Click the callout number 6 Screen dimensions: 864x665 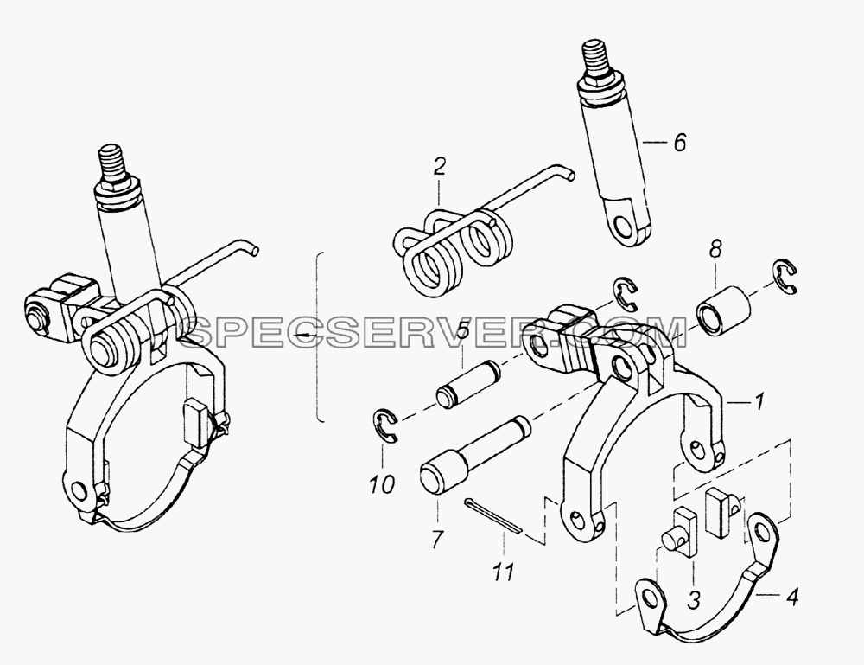coord(680,143)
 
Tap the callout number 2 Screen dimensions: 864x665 coord(439,167)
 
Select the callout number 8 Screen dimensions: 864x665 coord(715,250)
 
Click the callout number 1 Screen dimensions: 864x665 coord(759,402)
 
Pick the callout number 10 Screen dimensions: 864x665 coord(383,484)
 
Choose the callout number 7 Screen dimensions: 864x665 coord(437,540)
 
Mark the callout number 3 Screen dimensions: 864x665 coord(694,598)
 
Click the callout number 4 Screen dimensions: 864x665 coord(791,598)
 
